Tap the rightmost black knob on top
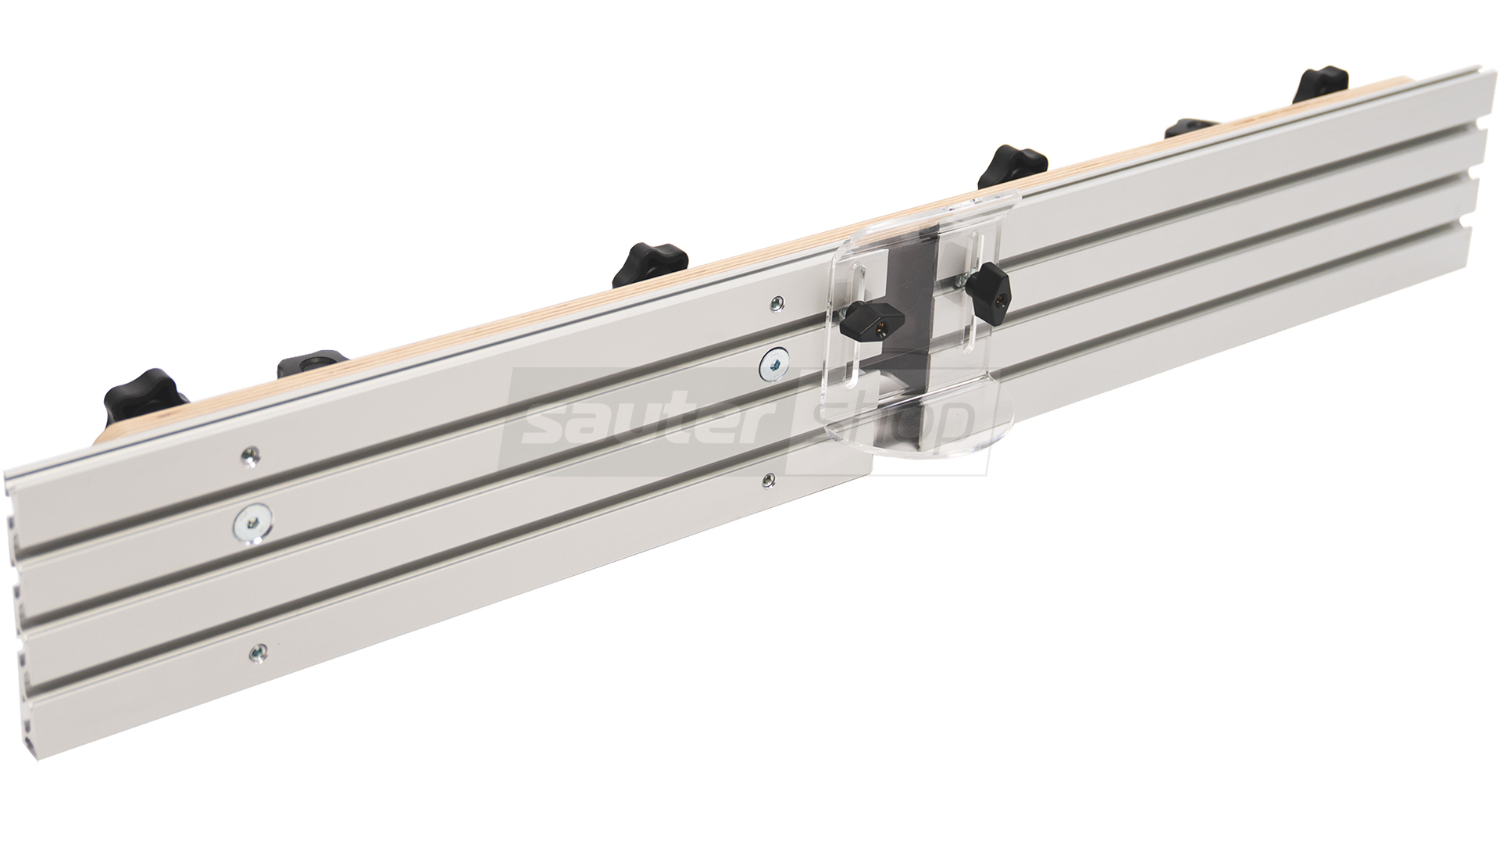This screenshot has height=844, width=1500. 1323,86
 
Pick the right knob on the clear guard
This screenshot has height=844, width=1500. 986,289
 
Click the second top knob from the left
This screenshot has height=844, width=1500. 312,363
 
